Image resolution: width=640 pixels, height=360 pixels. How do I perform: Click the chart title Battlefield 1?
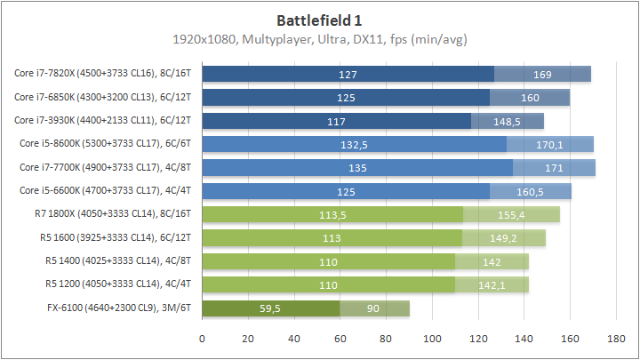pyautogui.click(x=319, y=19)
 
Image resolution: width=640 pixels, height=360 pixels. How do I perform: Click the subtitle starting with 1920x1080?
pyautogui.click(x=319, y=39)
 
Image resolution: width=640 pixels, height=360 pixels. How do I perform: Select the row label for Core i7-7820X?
pyautogui.click(x=105, y=74)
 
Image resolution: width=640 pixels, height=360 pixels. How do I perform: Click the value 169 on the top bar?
pyautogui.click(x=542, y=74)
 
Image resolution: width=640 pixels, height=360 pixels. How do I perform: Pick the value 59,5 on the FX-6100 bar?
pyautogui.click(x=270, y=308)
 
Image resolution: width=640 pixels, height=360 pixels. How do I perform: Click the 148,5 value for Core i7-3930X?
pyautogui.click(x=508, y=121)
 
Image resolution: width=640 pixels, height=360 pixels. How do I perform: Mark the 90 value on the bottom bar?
pyautogui.click(x=374, y=308)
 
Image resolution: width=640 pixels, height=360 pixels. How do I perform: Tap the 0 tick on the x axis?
pyautogui.click(x=203, y=339)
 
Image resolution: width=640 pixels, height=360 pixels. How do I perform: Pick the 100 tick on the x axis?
pyautogui.click(x=432, y=339)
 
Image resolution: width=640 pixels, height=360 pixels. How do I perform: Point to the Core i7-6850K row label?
pyautogui.click(x=105, y=97)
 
